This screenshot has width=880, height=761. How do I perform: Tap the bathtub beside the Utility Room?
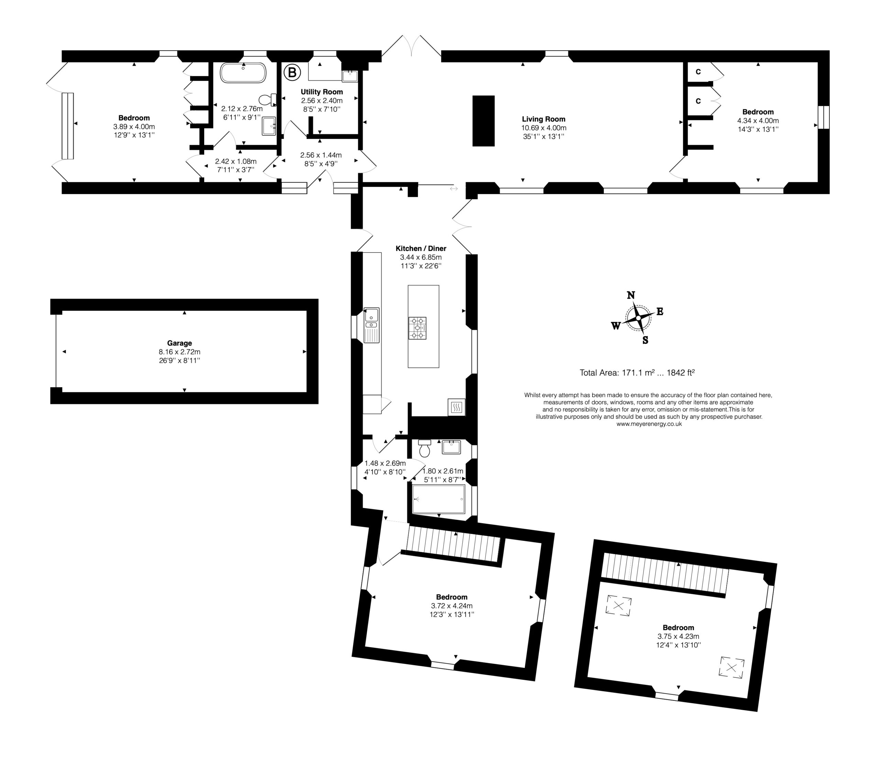pos(243,73)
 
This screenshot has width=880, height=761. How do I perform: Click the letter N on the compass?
pos(631,295)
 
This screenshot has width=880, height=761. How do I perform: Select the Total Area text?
pos(637,373)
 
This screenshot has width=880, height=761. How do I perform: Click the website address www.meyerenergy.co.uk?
pos(649,424)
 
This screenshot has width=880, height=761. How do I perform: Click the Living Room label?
pos(543,119)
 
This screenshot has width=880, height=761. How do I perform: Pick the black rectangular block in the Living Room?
pos(483,121)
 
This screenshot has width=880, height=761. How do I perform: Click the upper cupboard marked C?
pos(698,72)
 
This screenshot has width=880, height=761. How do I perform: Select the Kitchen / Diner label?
pos(420,249)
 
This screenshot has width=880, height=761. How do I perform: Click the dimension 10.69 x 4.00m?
pos(543,128)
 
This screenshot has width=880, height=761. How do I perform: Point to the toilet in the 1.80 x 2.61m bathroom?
pos(424,448)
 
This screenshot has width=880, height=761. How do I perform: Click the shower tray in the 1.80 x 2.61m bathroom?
pos(439,500)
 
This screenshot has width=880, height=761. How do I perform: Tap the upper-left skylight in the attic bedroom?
pos(619,605)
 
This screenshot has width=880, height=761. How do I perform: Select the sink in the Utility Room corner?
pos(350,76)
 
